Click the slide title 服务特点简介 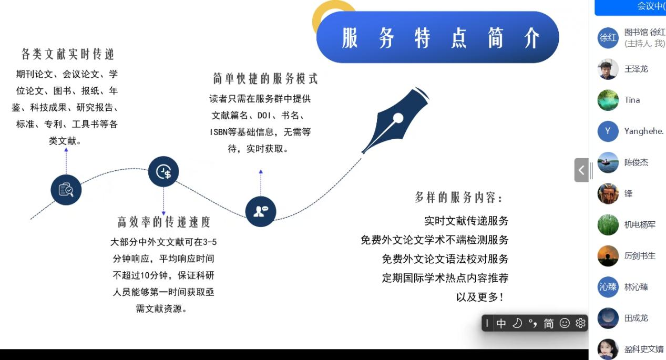[440, 38]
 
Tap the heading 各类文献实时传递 [67, 54]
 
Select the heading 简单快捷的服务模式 [265, 79]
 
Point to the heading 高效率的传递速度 [164, 222]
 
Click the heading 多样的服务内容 [459, 198]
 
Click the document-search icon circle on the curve [66, 190]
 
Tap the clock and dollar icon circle [163, 171]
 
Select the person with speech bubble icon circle [261, 211]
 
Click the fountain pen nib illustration [395, 120]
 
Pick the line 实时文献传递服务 [466, 221]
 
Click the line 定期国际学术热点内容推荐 [445, 278]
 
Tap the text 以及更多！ [480, 297]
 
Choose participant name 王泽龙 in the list [636, 69]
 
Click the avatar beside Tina [608, 100]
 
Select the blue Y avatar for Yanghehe [608, 131]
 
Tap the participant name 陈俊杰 [636, 162]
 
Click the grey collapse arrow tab [581, 170]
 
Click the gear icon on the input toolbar [580, 323]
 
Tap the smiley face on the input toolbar [565, 323]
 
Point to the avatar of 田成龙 [608, 318]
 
